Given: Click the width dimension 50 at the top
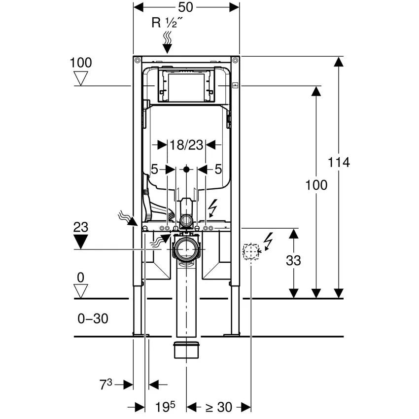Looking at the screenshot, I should click(x=186, y=7).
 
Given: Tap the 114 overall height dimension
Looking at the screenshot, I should click(x=340, y=162).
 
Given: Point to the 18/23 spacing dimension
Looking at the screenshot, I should click(x=186, y=145).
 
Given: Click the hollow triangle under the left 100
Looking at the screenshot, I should click(x=80, y=78).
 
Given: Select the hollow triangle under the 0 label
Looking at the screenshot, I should click(x=80, y=290).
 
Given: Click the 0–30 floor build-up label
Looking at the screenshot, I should click(x=93, y=319).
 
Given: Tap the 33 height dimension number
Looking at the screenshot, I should click(x=293, y=261).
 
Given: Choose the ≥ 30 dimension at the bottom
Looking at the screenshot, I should click(x=218, y=407).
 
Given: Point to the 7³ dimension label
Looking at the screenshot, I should click(x=106, y=384).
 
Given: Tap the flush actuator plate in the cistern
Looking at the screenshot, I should click(x=186, y=87).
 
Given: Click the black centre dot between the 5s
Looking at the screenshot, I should click(x=186, y=169).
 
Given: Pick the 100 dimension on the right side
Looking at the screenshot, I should click(x=316, y=185).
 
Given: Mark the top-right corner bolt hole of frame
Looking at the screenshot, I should click(x=235, y=61).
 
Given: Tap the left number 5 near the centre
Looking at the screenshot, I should click(x=154, y=170).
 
